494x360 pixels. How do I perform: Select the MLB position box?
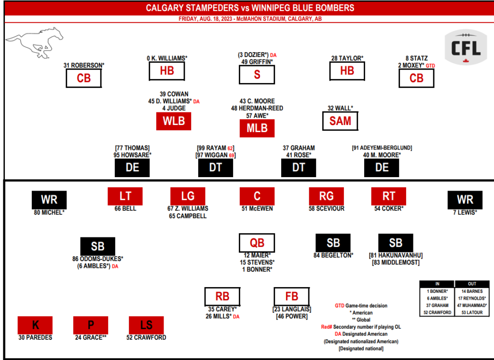pos(257,128)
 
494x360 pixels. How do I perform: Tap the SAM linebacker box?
pos(340,121)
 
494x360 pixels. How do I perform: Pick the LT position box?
pos(125,196)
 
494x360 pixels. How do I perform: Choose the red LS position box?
pos(146,325)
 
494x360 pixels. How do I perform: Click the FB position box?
pos(292,296)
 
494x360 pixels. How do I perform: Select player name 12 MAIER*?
pos(257,255)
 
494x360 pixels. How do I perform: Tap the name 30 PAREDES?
pos(35,337)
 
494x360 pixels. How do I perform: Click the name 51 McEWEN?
pos(257,208)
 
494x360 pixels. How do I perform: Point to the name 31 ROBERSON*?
pos(83,65)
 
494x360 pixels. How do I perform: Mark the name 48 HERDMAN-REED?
pos(257,109)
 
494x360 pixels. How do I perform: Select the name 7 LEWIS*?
pos(465,212)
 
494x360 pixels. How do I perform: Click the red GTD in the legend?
pos(340,305)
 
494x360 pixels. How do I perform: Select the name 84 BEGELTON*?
pos(333,255)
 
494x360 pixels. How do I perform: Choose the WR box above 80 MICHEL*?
pos(49,200)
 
